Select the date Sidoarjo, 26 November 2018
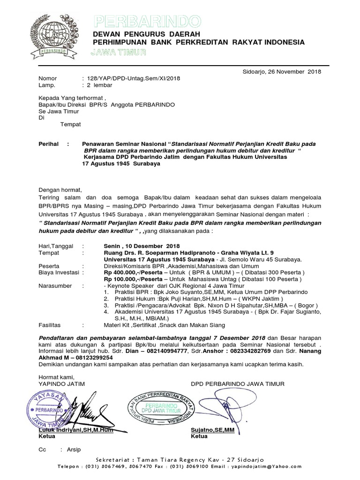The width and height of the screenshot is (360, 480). [281, 72]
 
